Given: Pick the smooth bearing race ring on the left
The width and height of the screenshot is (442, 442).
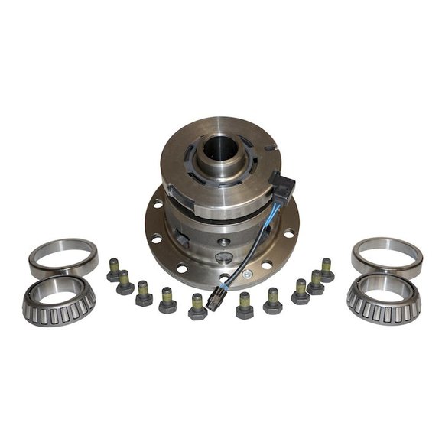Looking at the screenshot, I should [63, 257].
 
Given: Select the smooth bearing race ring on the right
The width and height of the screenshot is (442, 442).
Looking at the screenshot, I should [387, 257].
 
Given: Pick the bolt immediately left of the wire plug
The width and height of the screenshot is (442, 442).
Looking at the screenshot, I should [197, 306].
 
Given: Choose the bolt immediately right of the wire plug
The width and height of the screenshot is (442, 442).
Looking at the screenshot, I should [245, 305].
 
